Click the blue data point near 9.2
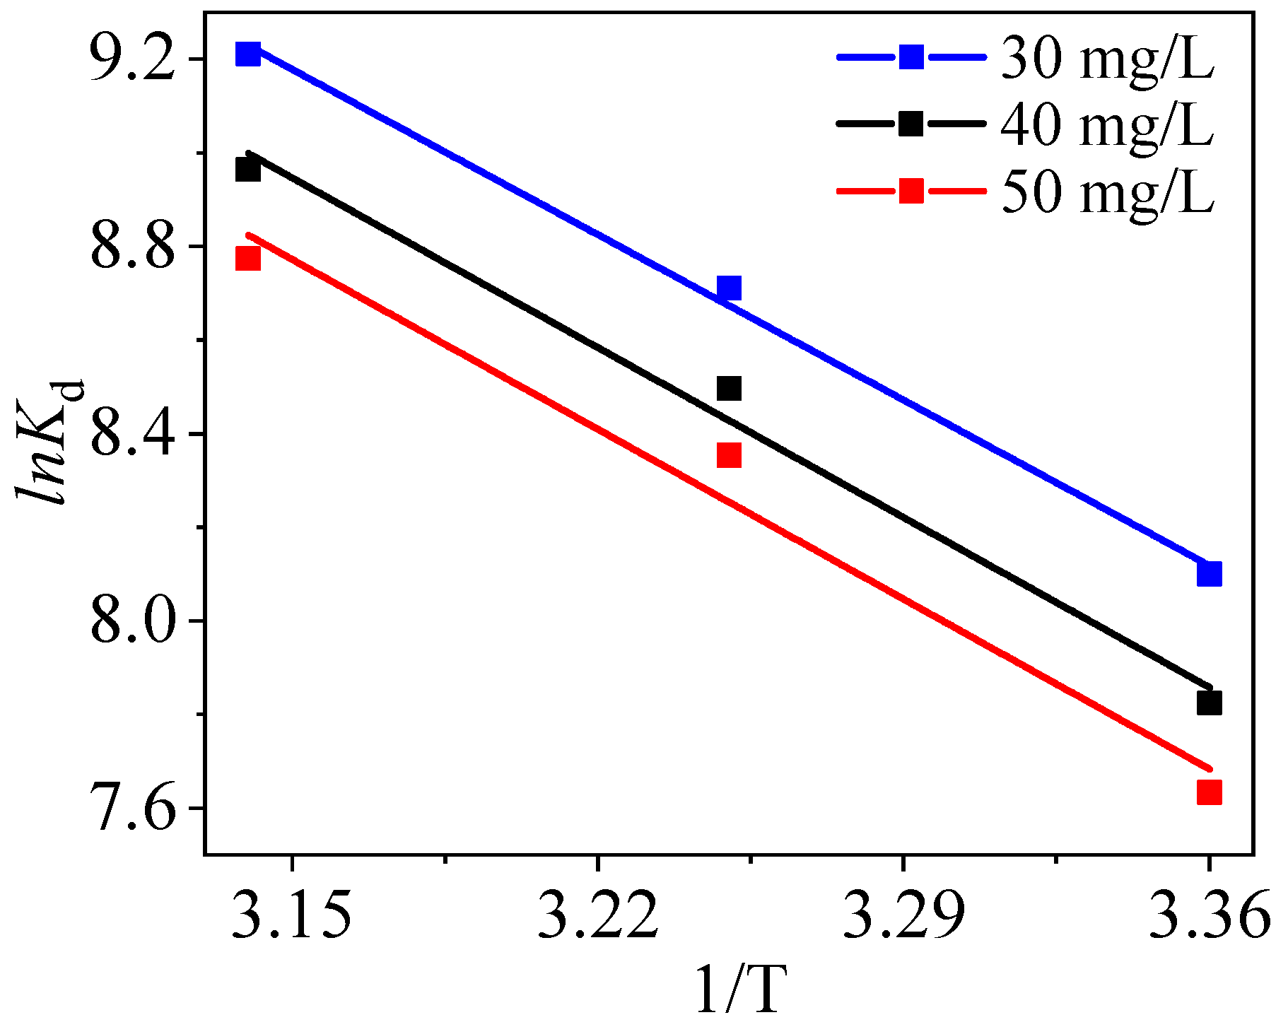[x=247, y=53]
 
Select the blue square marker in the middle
[x=729, y=288]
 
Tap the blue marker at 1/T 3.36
[x=1210, y=573]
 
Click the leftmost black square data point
[x=247, y=170]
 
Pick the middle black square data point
[x=729, y=388]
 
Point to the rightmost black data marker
[x=1210, y=703]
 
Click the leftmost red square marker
[x=247, y=259]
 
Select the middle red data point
[x=729, y=455]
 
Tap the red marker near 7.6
[x=1210, y=792]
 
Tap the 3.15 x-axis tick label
[x=291, y=916]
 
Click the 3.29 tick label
[x=903, y=916]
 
